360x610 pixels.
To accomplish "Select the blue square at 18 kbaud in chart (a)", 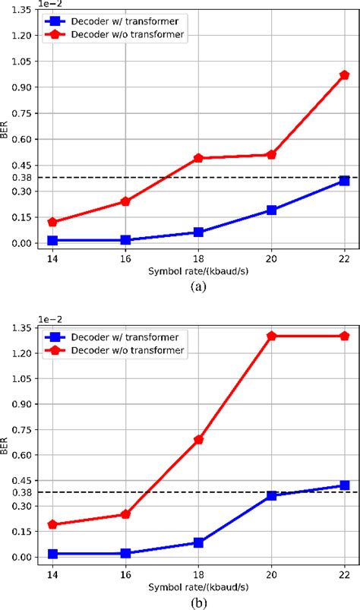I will coord(198,232).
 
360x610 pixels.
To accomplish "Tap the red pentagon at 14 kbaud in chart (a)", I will coord(52,222).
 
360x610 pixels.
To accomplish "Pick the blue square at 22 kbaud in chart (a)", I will coord(344,180).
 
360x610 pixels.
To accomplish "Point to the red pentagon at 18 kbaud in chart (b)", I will coord(198,440).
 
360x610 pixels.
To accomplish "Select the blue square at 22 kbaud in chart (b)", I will coord(344,485).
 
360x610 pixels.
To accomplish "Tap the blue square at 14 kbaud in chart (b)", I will coord(52,554).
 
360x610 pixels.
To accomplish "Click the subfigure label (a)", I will coord(198,286).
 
